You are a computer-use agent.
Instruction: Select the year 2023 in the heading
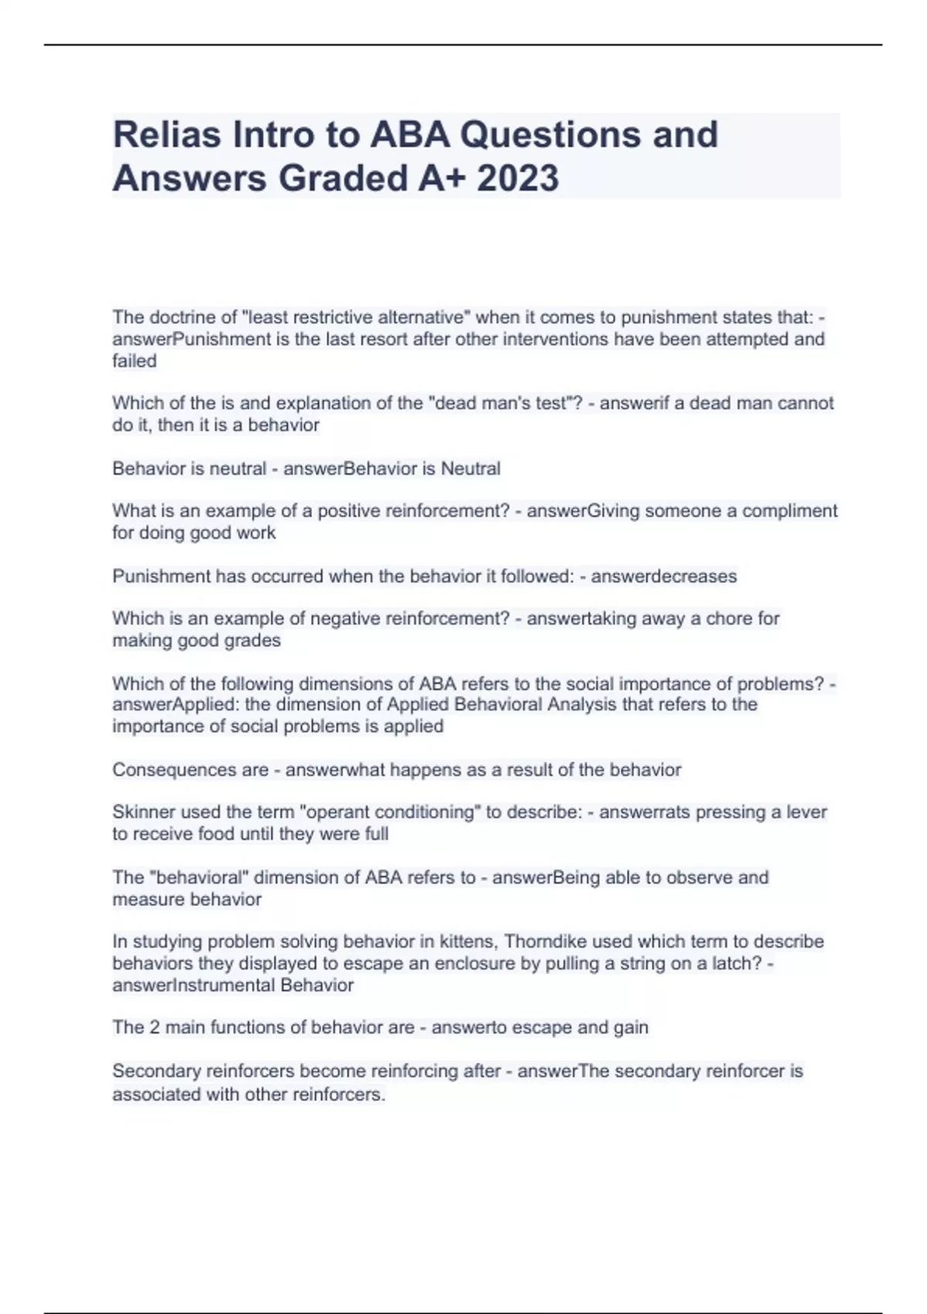click(518, 179)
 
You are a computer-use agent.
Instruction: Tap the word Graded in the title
click(344, 179)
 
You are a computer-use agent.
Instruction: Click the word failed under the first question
click(134, 361)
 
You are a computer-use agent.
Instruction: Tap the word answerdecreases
click(664, 576)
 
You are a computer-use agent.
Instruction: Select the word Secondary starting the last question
click(152, 1071)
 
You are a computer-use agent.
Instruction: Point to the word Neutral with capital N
click(470, 468)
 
